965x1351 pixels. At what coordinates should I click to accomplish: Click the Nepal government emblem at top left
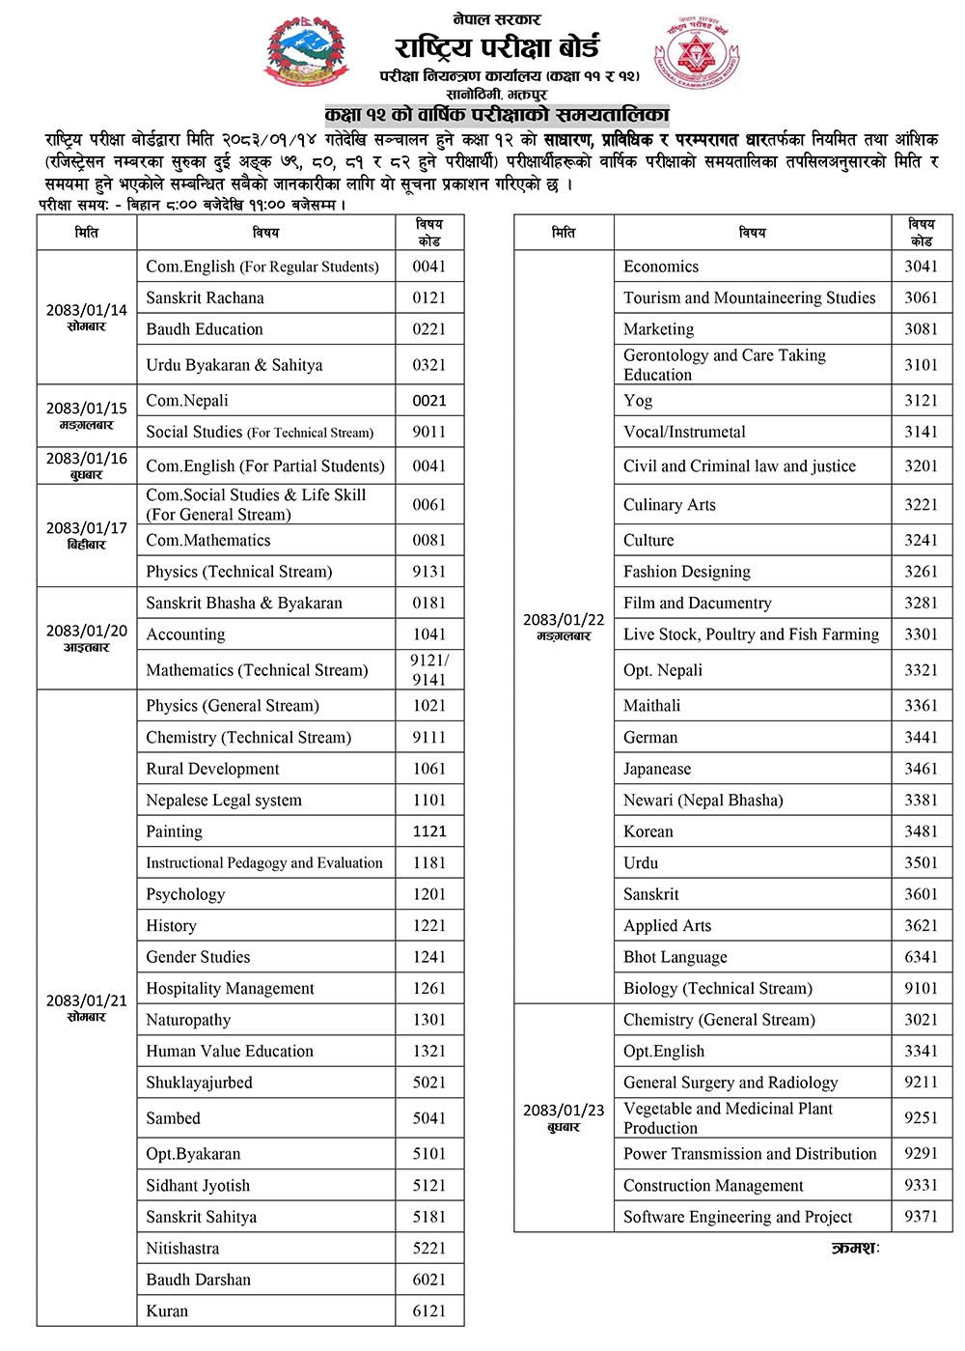311,56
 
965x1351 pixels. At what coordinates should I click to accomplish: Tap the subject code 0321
429,365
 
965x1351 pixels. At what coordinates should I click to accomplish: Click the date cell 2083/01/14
87,317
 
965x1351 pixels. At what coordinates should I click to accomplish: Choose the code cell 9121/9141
429,669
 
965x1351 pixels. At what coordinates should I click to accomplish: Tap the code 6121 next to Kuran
429,1310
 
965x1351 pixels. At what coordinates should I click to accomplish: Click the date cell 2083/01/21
87,1007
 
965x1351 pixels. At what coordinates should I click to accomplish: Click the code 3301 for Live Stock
921,634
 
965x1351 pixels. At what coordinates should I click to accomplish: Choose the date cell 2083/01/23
564,1117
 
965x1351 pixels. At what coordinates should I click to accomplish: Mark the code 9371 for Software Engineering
921,1217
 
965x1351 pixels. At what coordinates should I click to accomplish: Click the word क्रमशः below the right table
855,1248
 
